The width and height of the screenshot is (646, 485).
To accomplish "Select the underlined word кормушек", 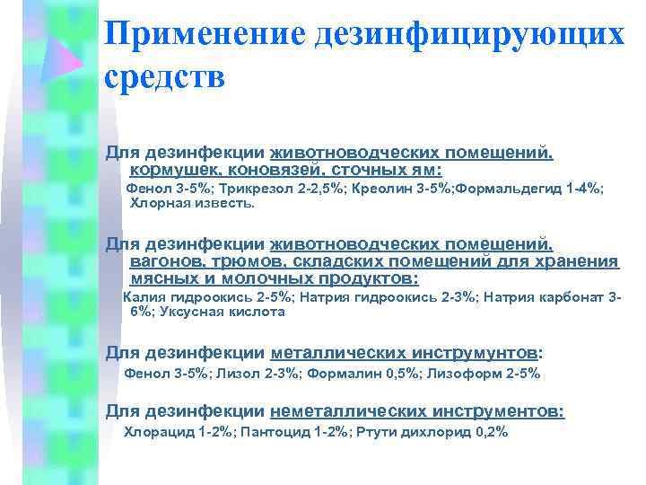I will click(169, 170).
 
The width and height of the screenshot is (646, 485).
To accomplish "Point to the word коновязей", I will click(258, 170).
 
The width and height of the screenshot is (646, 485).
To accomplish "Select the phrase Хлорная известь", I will click(192, 204).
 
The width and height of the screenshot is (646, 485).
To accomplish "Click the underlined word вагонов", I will click(164, 261).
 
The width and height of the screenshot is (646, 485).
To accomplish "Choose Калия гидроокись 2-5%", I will click(207, 296).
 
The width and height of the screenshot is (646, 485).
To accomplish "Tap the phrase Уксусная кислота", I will click(220, 312).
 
